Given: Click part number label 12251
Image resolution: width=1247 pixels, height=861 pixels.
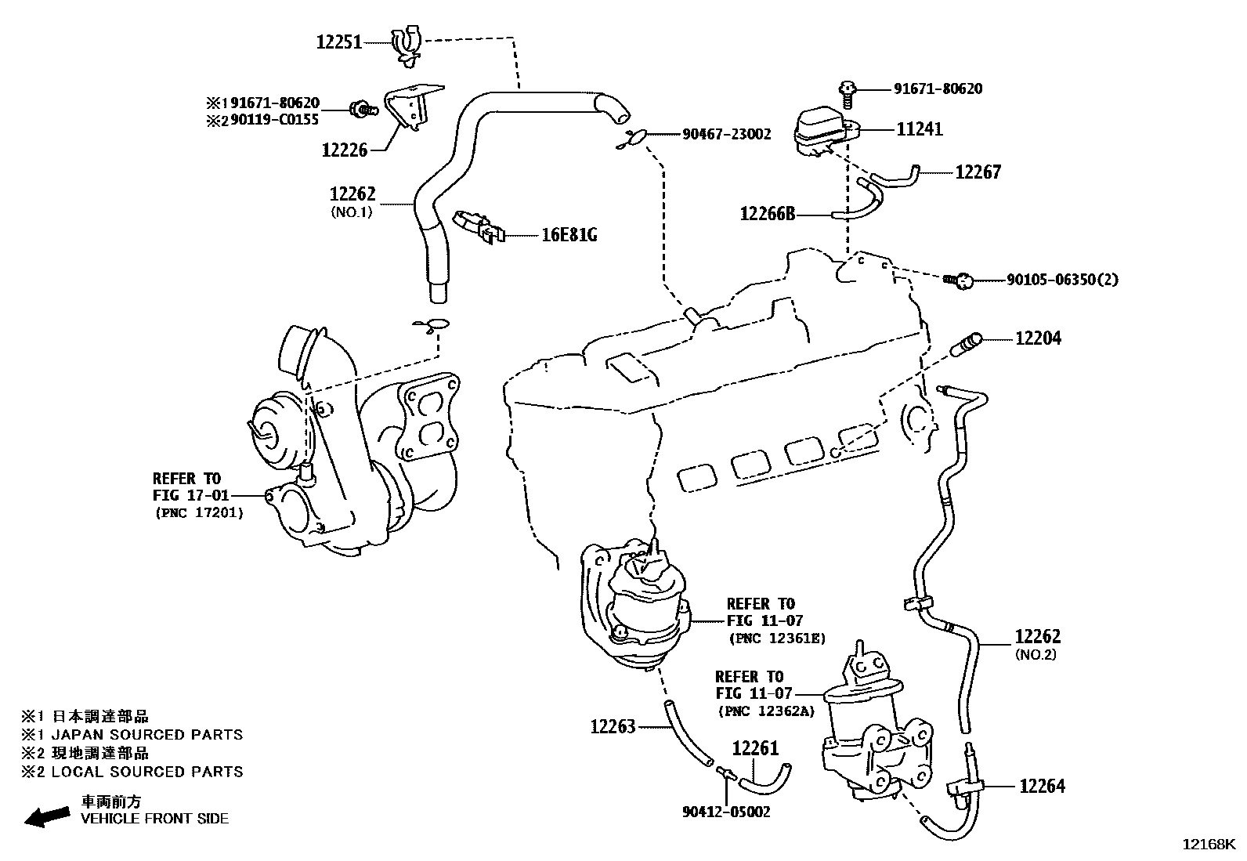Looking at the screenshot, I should pyautogui.click(x=339, y=42).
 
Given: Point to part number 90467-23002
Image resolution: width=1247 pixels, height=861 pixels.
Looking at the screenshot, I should pyautogui.click(x=726, y=135).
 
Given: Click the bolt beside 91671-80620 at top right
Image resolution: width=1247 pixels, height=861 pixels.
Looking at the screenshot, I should pyautogui.click(x=847, y=92).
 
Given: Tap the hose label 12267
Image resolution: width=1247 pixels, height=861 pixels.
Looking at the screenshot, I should pyautogui.click(x=978, y=172).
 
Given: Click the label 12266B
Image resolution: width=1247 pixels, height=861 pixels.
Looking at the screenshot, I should pyautogui.click(x=767, y=213).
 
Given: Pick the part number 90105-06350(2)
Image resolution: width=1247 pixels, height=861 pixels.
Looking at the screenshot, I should pyautogui.click(x=1062, y=280).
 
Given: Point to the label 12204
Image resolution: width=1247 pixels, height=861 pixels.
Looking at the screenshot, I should pyautogui.click(x=1038, y=338).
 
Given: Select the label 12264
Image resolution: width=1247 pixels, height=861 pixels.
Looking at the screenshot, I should pyautogui.click(x=1042, y=786).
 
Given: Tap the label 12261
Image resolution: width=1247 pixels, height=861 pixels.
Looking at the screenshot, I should pyautogui.click(x=755, y=749).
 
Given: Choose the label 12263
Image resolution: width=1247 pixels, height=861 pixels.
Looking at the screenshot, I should pyautogui.click(x=613, y=727).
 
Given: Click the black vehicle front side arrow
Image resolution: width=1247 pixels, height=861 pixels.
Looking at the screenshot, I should pyautogui.click(x=46, y=817).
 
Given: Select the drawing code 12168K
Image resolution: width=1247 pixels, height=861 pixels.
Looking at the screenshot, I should pyautogui.click(x=1208, y=845).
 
